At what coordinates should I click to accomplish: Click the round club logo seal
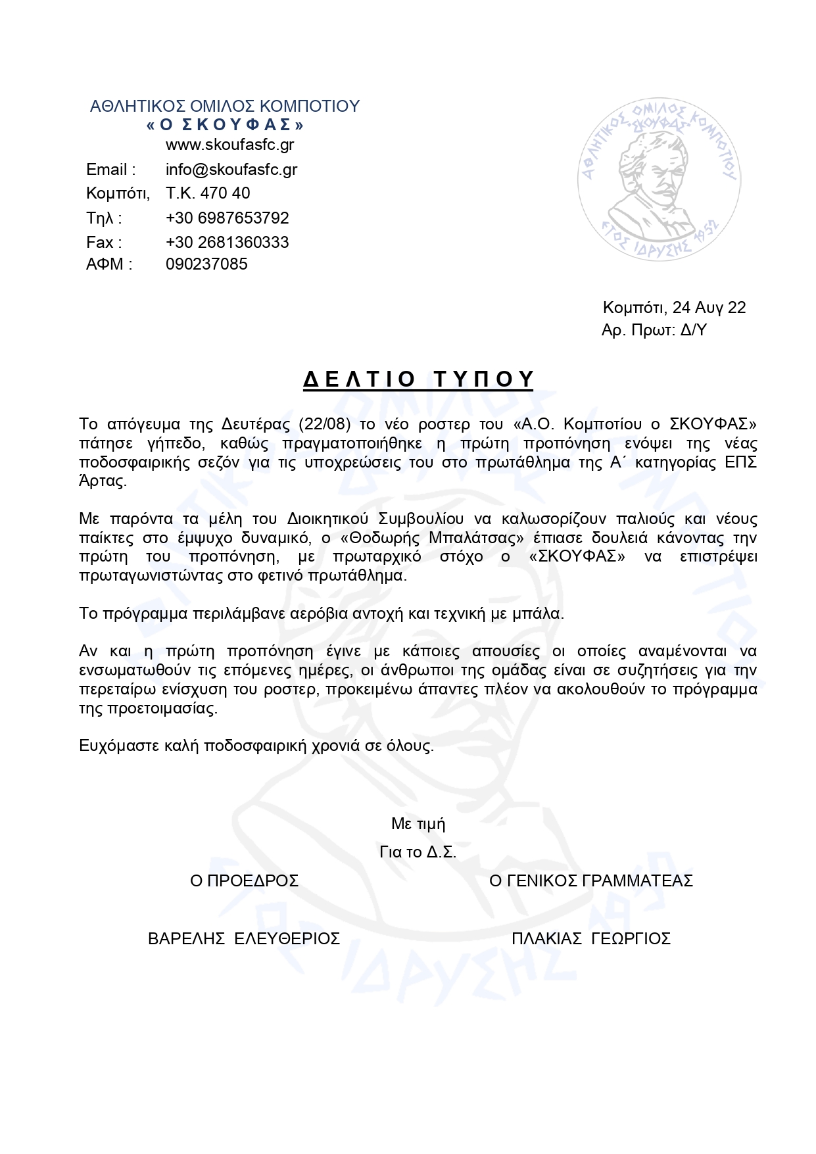click(659, 180)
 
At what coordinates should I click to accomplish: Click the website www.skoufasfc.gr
click(229, 145)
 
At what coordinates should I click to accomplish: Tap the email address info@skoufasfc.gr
click(231, 170)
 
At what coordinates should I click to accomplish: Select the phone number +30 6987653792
click(227, 218)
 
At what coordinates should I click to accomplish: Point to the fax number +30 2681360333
click(227, 242)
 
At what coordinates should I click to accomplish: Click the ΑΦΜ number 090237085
click(206, 264)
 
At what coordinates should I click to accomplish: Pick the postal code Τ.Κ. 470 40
click(208, 193)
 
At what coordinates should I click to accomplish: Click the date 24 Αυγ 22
click(709, 308)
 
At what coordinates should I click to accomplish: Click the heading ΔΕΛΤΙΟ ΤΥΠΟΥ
click(418, 379)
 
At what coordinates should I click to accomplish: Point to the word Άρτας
click(103, 481)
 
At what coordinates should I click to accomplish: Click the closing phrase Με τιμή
click(418, 823)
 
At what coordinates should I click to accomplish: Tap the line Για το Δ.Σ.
click(418, 852)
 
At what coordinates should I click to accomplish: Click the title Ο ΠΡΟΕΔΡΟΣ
click(244, 880)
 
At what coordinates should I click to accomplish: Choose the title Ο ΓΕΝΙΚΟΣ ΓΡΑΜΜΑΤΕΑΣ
click(591, 880)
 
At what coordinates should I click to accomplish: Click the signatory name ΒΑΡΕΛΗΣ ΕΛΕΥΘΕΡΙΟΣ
click(244, 938)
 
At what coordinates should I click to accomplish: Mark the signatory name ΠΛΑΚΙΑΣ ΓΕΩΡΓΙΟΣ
click(590, 938)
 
